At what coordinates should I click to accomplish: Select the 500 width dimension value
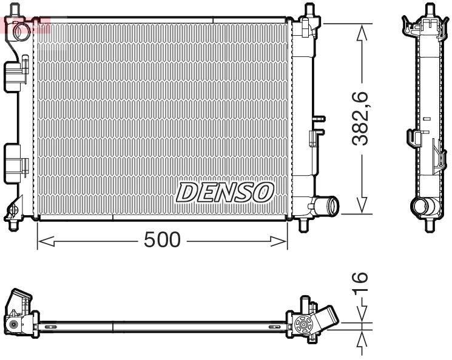(x=162, y=241)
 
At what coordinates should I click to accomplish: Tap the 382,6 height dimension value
(x=362, y=119)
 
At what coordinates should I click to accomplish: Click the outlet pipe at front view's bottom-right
(x=326, y=207)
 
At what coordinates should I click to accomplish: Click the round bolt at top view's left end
(x=13, y=325)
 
